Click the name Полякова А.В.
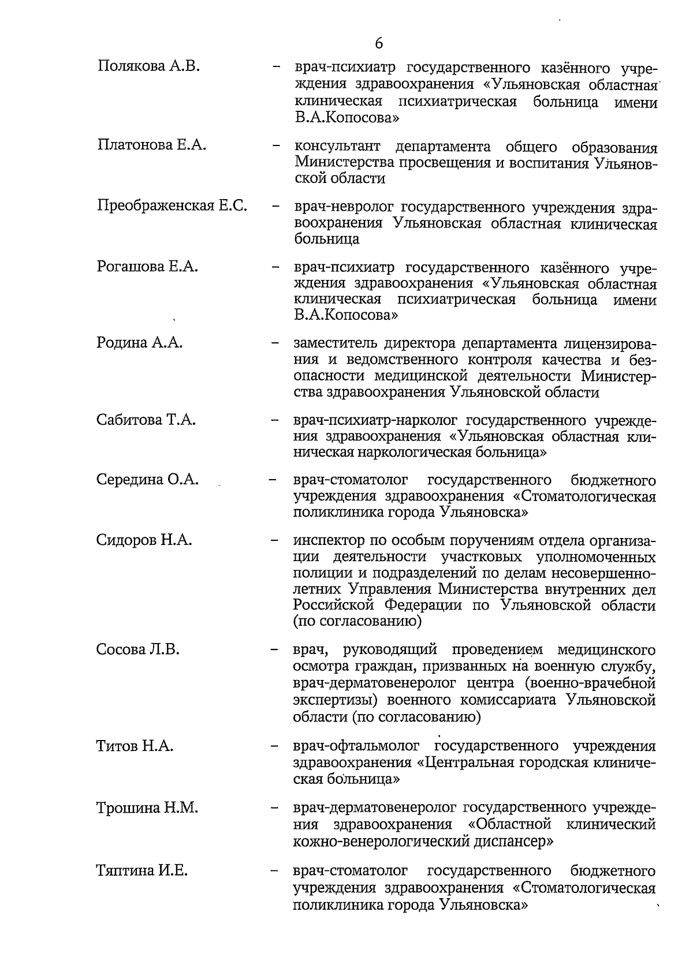pyautogui.click(x=148, y=66)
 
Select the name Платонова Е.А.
pyautogui.click(x=152, y=145)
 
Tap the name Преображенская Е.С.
pyautogui.click(x=172, y=205)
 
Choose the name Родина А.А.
pyautogui.click(x=140, y=343)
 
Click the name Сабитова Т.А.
pyautogui.click(x=146, y=420)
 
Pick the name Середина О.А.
pyautogui.click(x=148, y=480)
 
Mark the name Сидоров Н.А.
pyautogui.click(x=144, y=540)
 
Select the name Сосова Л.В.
pyautogui.click(x=138, y=649)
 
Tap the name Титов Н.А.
pyautogui.click(x=135, y=746)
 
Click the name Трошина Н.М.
pyautogui.click(x=147, y=808)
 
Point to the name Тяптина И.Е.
pyautogui.click(x=142, y=870)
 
